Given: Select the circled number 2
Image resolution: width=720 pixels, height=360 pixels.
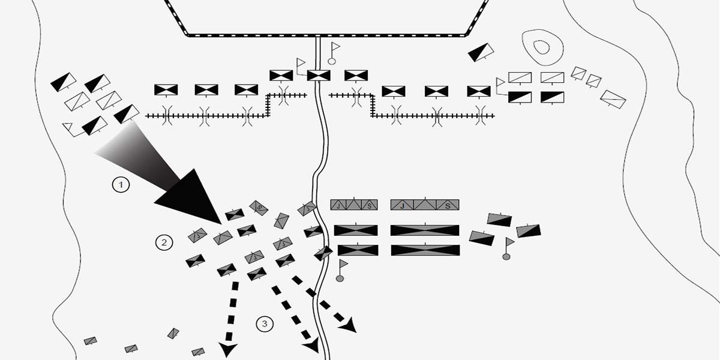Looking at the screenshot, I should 163,242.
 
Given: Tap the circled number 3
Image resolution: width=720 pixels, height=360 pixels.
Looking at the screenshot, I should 265,324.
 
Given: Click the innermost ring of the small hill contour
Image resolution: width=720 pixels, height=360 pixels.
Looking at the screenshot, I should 542,48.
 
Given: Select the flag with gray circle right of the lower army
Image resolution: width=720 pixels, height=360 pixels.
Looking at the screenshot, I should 508,248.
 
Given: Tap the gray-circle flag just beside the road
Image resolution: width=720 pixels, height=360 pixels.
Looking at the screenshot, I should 341,270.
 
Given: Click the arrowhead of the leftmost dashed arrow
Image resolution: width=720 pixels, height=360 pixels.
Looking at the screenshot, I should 227,350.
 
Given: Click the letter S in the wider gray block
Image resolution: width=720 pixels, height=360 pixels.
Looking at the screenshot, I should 448,205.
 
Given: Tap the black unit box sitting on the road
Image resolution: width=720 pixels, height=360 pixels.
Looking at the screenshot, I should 319,76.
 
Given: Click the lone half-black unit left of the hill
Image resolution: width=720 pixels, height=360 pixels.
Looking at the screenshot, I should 481,52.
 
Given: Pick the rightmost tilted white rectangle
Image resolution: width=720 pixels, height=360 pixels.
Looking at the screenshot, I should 613,98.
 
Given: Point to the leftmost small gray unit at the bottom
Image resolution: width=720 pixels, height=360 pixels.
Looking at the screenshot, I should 91,341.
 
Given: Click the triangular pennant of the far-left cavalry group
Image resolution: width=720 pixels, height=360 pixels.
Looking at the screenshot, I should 68,127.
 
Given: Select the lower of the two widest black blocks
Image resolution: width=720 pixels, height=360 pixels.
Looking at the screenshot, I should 425,250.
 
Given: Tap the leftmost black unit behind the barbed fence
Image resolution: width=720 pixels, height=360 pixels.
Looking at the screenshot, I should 166,89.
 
